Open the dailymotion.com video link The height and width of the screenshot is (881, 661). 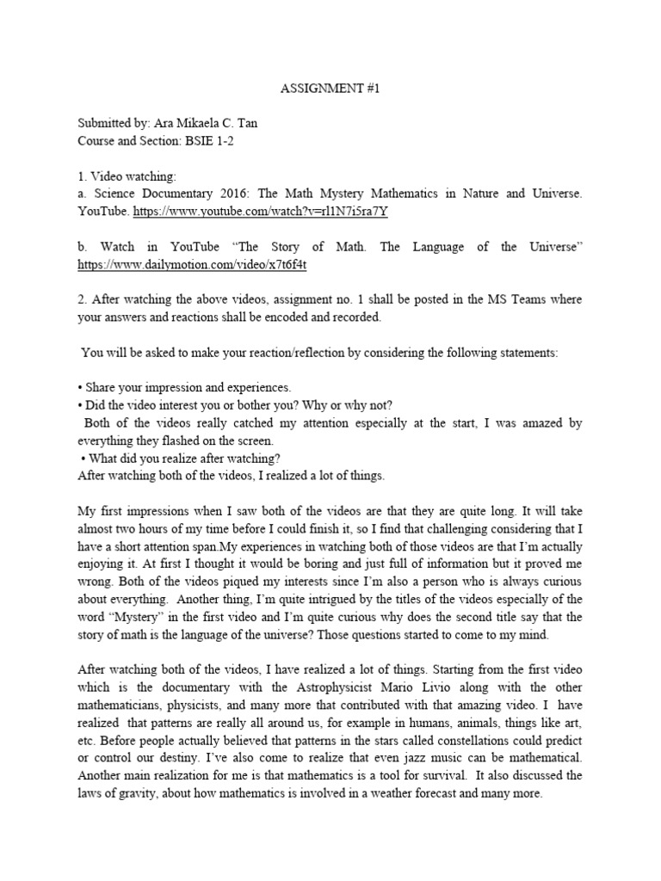pos(192,265)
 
